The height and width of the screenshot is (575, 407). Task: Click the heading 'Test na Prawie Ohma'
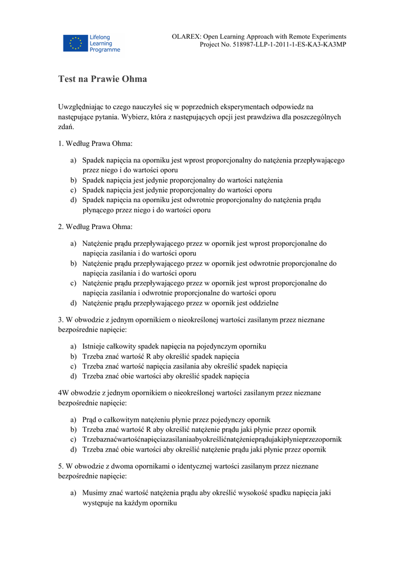point(102,79)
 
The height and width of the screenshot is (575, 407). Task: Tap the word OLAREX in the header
point(187,36)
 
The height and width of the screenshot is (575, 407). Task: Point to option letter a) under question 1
point(74,160)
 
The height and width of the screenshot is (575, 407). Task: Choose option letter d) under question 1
point(74,200)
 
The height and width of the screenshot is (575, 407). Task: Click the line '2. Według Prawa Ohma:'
point(95,227)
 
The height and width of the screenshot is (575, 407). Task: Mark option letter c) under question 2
point(74,284)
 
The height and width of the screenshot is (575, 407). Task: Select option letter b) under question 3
point(74,357)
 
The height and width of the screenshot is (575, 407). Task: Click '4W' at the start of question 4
point(64,393)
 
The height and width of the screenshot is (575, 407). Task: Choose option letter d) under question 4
point(74,450)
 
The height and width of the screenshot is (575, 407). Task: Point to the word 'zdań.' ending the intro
point(66,127)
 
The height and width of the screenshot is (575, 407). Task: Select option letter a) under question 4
point(74,419)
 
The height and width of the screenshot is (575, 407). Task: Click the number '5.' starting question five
point(61,466)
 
